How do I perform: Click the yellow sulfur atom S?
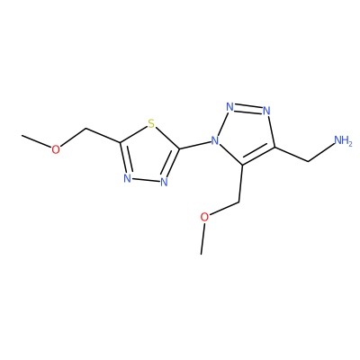(151, 123)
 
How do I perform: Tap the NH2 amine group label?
(343, 140)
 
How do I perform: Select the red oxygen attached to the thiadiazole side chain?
(56, 149)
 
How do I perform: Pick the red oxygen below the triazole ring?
(204, 217)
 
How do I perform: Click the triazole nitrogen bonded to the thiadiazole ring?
(214, 140)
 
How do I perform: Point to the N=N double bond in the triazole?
(248, 109)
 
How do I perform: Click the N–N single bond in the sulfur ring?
(146, 180)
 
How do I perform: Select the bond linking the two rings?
(194, 145)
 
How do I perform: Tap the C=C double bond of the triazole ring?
(258, 157)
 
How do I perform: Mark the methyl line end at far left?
(22, 135)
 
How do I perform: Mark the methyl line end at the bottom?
(202, 255)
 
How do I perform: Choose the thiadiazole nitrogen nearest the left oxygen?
(128, 178)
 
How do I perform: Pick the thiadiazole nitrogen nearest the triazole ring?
(164, 182)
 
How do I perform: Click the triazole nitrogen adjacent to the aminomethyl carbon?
(266, 111)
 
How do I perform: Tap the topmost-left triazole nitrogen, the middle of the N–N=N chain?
(229, 107)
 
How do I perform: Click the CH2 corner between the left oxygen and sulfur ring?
(86, 129)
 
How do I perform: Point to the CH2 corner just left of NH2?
(309, 162)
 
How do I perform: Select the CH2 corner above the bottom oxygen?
(239, 202)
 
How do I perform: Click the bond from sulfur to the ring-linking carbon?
(167, 139)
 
